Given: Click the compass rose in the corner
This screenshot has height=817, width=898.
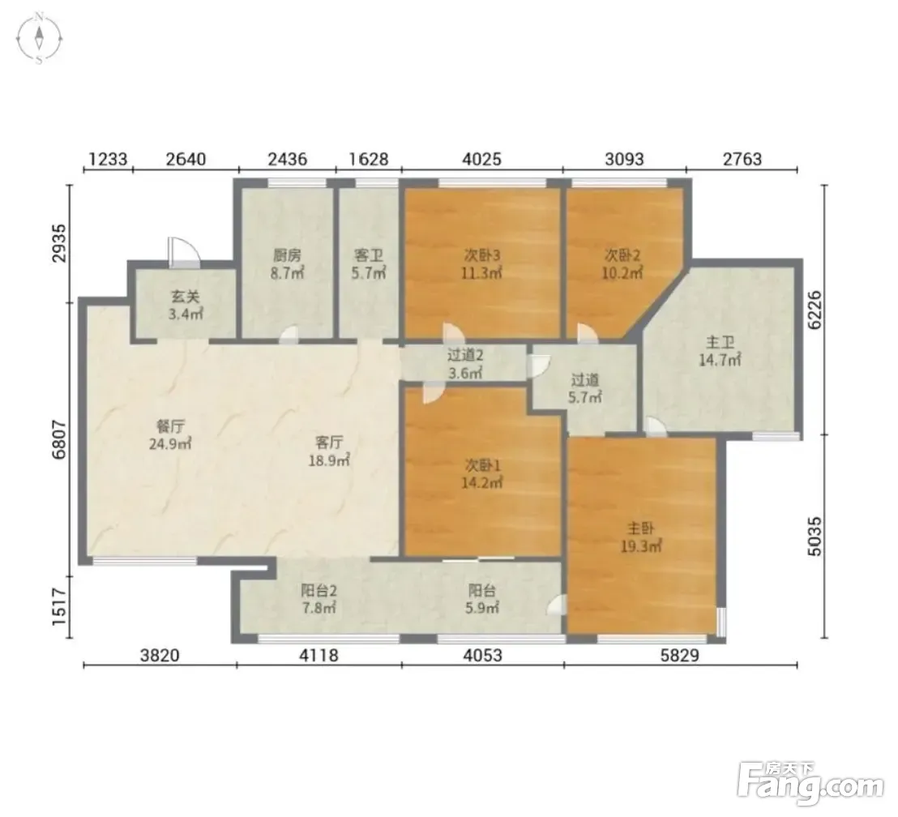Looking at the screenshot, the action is click(x=39, y=39).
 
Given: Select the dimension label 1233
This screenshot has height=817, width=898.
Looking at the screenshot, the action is click(x=109, y=158).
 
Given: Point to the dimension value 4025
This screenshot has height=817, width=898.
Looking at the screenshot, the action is click(x=482, y=158).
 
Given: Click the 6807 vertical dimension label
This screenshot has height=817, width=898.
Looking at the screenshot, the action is click(x=59, y=439).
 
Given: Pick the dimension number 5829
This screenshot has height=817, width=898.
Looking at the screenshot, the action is click(x=680, y=654).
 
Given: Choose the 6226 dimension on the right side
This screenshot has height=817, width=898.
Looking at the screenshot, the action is click(x=814, y=310).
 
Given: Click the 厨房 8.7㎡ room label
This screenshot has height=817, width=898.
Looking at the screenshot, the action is click(x=287, y=264).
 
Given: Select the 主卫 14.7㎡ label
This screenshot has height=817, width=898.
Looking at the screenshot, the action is click(x=720, y=351).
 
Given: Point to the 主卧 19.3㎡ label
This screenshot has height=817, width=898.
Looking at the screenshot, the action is click(x=641, y=537).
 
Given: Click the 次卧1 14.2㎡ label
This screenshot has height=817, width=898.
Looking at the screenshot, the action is click(x=482, y=474).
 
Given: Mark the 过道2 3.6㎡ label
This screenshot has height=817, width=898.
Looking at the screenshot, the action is click(x=465, y=364).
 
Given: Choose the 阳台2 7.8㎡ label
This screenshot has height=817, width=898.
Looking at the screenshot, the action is click(x=318, y=599).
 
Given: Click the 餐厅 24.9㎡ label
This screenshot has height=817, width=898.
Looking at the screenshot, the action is click(x=170, y=435).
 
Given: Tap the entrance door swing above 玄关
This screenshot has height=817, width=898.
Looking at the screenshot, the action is click(x=183, y=253).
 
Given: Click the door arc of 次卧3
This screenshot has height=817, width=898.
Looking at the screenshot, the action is click(x=453, y=333).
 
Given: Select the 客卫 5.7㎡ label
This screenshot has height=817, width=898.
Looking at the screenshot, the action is click(x=368, y=264).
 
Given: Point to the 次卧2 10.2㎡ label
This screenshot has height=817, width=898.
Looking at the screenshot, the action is click(x=622, y=263).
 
